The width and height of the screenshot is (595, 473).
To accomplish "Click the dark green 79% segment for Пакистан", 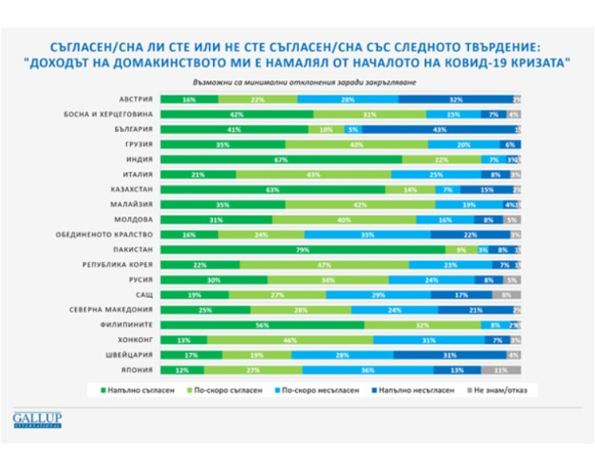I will pyautogui.click(x=303, y=249).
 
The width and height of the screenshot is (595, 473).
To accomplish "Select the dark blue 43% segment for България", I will pyautogui.click(x=438, y=129).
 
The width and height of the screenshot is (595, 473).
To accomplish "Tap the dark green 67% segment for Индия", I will pyautogui.click(x=281, y=159).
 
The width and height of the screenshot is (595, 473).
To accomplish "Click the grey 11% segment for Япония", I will pyautogui.click(x=501, y=370).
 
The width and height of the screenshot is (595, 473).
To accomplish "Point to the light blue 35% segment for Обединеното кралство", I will pyautogui.click(x=367, y=234).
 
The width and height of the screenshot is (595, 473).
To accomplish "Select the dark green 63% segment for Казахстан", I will pyautogui.click(x=273, y=189).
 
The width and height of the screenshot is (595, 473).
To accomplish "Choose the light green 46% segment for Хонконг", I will pyautogui.click(x=290, y=340).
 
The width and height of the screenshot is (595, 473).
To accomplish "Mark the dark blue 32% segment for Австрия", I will pyautogui.click(x=456, y=99).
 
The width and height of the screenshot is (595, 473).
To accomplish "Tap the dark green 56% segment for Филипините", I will pyautogui.click(x=262, y=325).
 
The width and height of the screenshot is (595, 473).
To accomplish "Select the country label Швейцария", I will pyautogui.click(x=129, y=355).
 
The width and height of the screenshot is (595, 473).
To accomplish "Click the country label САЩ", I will pyautogui.click(x=142, y=294).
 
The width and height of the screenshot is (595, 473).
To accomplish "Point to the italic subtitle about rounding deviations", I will pyautogui.click(x=306, y=83).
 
